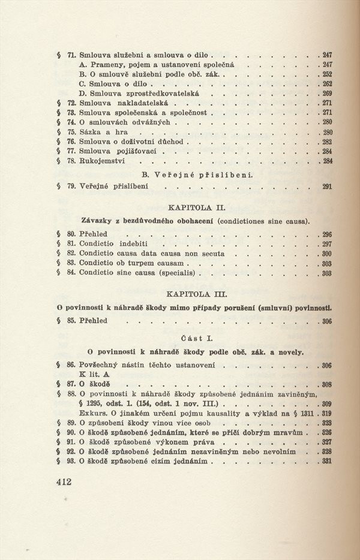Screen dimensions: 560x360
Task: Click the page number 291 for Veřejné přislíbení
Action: pos(326,187)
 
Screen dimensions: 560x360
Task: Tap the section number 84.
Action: pos(71,273)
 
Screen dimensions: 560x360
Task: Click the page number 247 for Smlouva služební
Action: pos(327,55)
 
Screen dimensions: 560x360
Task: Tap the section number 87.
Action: pos(71,384)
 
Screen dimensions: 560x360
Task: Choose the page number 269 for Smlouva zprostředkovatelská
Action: pos(327,94)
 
